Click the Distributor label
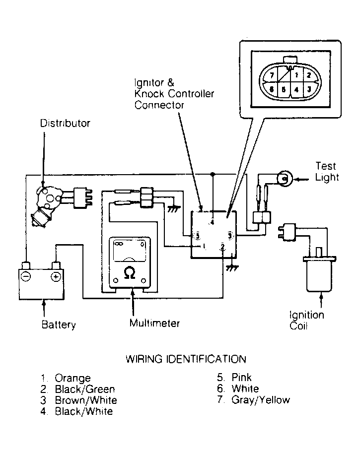tap(65, 124)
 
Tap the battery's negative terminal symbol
tap(26, 277)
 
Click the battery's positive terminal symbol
tap(56, 277)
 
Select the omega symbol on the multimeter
tap(129, 273)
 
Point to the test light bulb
tap(285, 179)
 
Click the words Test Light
tap(327, 171)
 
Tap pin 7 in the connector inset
tap(272, 76)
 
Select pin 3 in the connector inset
tap(309, 89)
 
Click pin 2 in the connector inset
tap(309, 75)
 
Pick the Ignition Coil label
tap(307, 320)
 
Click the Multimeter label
tap(154, 323)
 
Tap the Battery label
tap(59, 324)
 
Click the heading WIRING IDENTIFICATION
tap(186, 359)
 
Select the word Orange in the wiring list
tap(72, 378)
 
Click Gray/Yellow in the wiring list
tap(261, 400)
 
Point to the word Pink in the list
tap(241, 377)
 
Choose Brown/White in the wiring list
tap(86, 400)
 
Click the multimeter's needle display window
tap(129, 251)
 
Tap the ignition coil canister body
tap(319, 274)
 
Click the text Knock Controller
tap(174, 94)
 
